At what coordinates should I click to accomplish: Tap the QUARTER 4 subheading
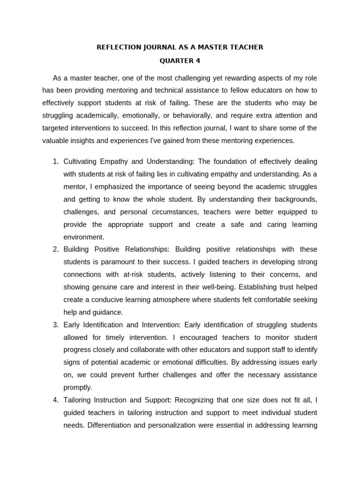pos(180,60)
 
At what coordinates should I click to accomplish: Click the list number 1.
pos(55,161)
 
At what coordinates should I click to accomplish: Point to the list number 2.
pos(55,249)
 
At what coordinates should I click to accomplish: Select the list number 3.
pos(55,324)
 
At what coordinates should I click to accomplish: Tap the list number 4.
pos(55,400)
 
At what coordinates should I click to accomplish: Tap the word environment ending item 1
pos(84,237)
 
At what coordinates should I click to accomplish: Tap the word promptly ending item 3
pos(78,387)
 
